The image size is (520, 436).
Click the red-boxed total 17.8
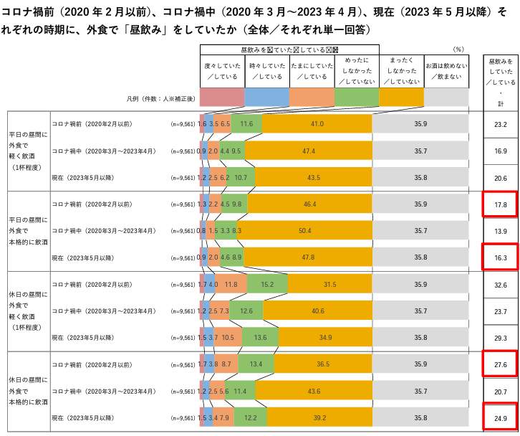pyautogui.click(x=501, y=204)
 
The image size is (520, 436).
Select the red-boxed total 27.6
pyautogui.click(x=501, y=365)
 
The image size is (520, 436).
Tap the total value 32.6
pyautogui.click(x=501, y=285)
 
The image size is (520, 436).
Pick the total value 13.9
pyautogui.click(x=501, y=231)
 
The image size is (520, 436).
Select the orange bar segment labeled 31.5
pyautogui.click(x=329, y=285)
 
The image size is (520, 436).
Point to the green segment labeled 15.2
pyautogui.click(x=267, y=285)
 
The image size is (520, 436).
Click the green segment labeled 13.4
pyautogui.click(x=256, y=365)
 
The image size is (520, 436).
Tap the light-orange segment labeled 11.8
pyautogui.click(x=231, y=285)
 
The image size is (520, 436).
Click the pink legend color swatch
pyautogui.click(x=222, y=96)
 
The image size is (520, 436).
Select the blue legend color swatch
pyautogui.click(x=267, y=96)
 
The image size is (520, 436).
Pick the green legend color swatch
pyautogui.click(x=356, y=96)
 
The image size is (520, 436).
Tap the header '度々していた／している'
pyautogui.click(x=222, y=70)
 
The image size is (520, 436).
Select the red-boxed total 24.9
pyautogui.click(x=501, y=417)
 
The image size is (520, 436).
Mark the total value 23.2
pyautogui.click(x=501, y=124)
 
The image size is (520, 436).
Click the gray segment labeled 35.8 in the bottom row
pyautogui.click(x=420, y=417)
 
